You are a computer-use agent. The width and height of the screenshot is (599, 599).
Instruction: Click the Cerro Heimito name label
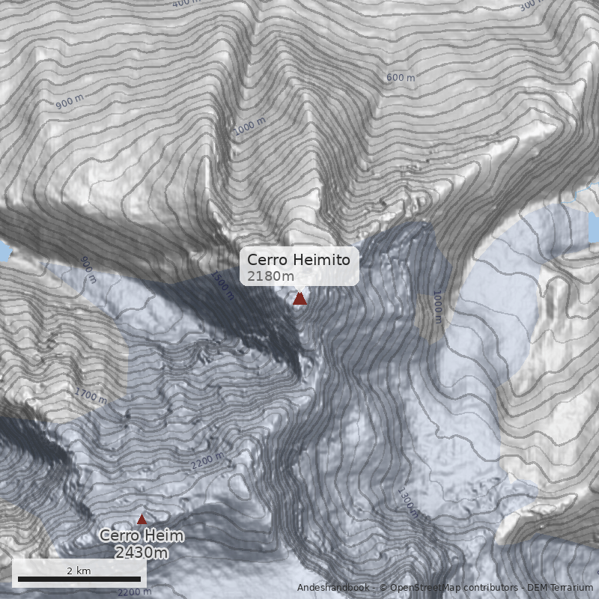299,260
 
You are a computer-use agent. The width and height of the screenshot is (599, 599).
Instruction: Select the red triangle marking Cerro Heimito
299,299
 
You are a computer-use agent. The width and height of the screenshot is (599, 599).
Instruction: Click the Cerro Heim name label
142,536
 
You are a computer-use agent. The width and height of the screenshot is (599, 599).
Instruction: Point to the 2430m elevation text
142,553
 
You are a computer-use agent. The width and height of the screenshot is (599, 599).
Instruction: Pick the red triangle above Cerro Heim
142,519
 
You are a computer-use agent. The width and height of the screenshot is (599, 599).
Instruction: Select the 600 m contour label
400,78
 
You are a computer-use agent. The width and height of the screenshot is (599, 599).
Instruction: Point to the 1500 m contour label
222,285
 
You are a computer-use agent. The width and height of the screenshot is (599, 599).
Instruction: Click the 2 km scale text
79,571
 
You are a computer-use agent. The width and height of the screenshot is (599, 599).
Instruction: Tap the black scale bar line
79,579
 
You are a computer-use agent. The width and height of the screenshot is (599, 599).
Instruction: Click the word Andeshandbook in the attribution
332,588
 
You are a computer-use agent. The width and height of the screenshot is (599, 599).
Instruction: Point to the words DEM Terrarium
560,588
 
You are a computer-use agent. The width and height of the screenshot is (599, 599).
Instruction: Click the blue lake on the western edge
4,251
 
